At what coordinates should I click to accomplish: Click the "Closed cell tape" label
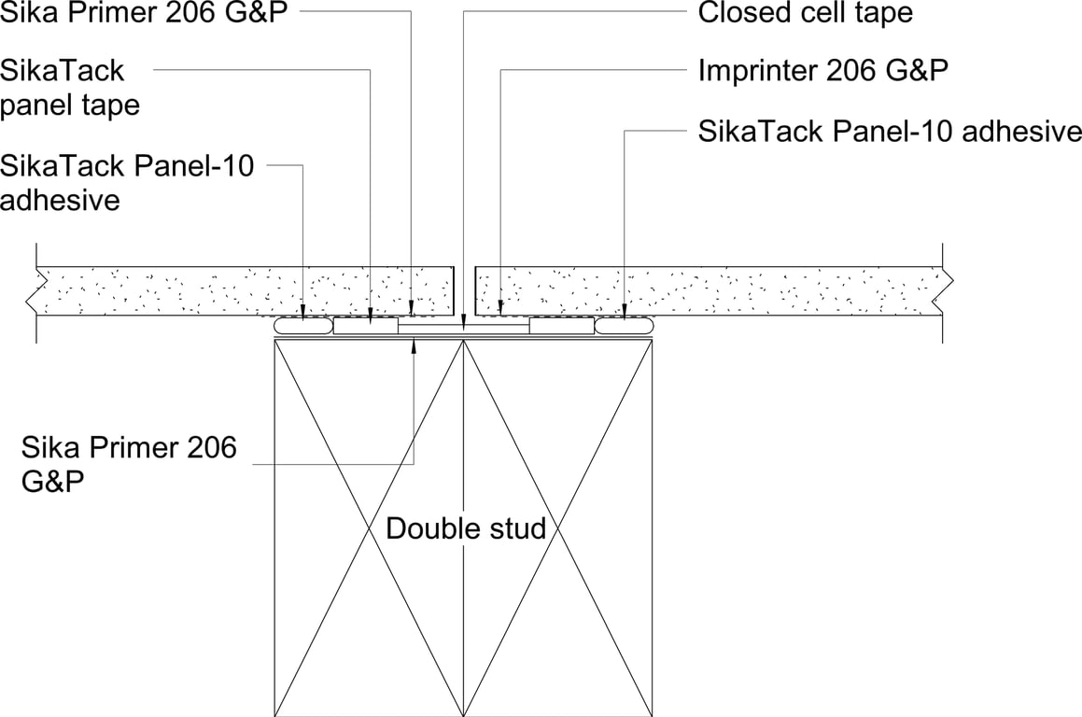click(805, 13)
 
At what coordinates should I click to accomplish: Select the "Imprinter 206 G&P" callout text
click(823, 72)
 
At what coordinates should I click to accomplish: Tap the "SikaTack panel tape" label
click(70, 87)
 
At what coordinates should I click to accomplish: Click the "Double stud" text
click(466, 528)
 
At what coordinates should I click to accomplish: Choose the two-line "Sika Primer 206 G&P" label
click(129, 464)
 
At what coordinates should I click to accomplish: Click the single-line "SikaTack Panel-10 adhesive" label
click(890, 131)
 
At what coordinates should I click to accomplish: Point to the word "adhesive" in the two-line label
click(60, 200)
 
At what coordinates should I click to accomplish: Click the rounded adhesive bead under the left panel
click(303, 327)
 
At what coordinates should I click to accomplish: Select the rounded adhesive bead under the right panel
click(624, 327)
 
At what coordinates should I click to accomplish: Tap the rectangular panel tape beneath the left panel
click(366, 326)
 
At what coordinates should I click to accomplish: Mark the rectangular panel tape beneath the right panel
click(561, 326)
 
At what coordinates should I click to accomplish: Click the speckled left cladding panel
click(243, 291)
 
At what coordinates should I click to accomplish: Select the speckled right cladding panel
click(710, 291)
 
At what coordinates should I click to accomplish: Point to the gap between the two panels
click(464, 291)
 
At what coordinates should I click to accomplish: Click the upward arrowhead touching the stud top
click(414, 344)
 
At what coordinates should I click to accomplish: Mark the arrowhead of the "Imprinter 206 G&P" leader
click(501, 308)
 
